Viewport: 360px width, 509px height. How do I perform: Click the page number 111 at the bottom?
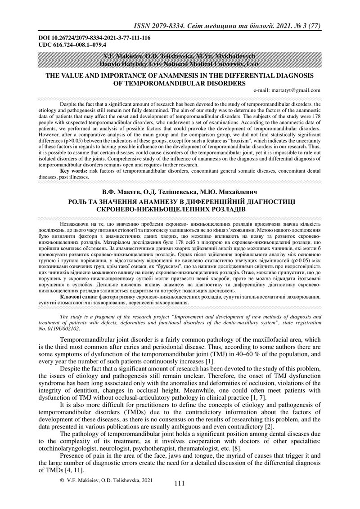(179, 483)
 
